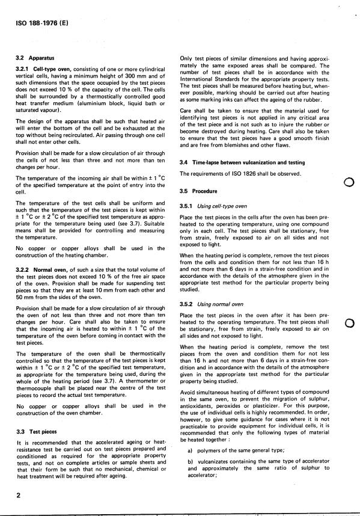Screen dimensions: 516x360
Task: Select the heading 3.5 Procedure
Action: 202,192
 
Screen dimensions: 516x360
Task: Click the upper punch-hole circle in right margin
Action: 347,183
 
